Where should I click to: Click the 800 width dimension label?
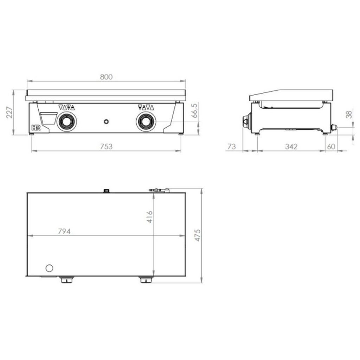(106, 77)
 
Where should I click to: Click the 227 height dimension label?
(9, 112)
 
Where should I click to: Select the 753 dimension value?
(106, 147)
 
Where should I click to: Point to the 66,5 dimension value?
(194, 111)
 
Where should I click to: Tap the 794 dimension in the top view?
(64, 231)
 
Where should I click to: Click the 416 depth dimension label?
(149, 217)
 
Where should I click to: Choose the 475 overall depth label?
(198, 235)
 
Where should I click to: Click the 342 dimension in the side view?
(291, 147)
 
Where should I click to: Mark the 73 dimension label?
(231, 147)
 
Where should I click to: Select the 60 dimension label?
(331, 147)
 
